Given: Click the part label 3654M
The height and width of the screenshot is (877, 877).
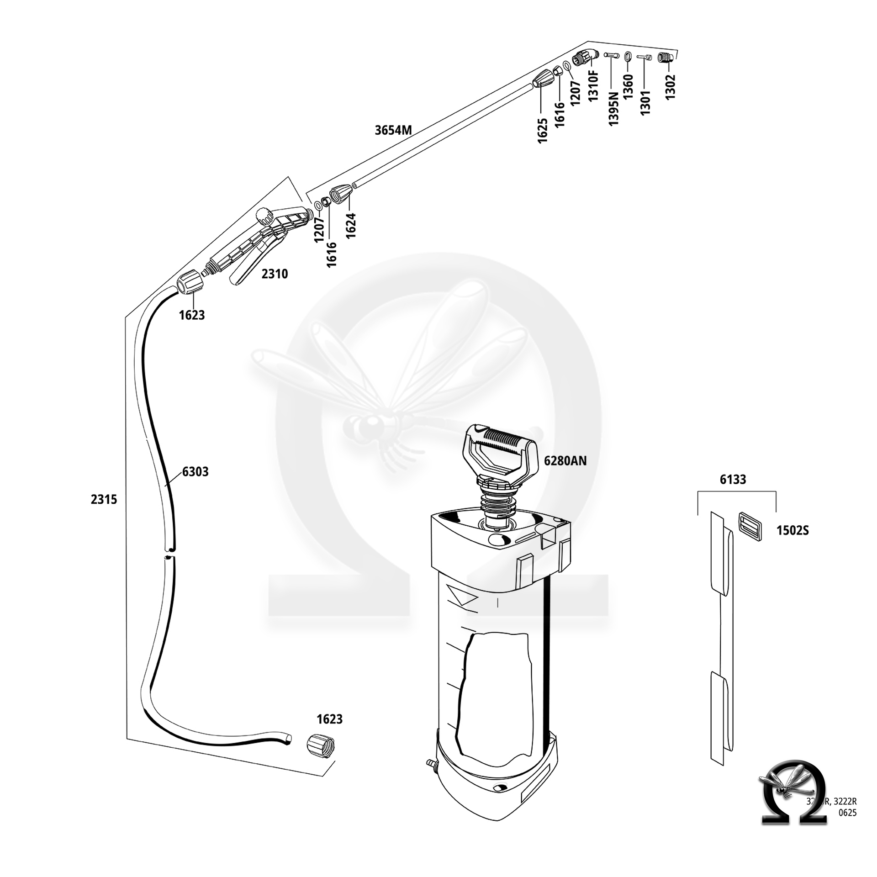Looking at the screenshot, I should click(x=393, y=131).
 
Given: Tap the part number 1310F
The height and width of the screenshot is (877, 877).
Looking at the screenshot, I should click(x=593, y=86).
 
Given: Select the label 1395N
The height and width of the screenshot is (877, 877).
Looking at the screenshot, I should click(x=613, y=108).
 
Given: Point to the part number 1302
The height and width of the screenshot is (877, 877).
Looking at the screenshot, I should click(x=670, y=87).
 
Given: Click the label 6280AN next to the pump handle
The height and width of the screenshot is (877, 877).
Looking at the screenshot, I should click(x=565, y=461).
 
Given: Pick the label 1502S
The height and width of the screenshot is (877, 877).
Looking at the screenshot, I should click(x=792, y=531).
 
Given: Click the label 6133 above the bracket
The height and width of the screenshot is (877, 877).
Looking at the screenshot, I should click(x=733, y=479).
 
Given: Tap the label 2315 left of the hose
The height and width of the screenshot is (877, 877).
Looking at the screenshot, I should click(x=104, y=499).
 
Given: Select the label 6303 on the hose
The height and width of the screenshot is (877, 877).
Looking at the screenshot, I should click(x=195, y=471).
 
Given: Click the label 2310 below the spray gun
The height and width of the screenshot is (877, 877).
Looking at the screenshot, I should click(x=275, y=274).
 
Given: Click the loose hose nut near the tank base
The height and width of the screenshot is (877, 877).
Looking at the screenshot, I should click(x=320, y=748).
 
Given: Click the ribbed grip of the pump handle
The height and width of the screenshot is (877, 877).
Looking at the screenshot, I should click(x=501, y=438).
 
